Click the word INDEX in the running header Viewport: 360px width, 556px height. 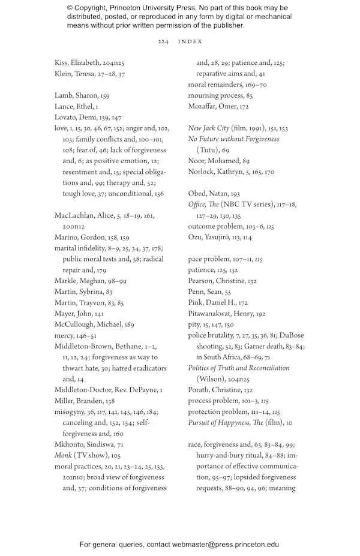(190, 41)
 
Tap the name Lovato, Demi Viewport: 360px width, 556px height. (88, 118)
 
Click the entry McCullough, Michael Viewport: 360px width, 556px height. (94, 324)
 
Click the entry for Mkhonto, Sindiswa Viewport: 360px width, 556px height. (89, 444)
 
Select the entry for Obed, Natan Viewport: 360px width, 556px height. (214, 194)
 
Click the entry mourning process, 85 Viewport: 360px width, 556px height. (220, 95)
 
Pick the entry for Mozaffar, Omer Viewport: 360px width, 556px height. (218, 107)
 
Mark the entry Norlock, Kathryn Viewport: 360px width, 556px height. (231, 172)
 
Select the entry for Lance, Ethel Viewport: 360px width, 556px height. (76, 107)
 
